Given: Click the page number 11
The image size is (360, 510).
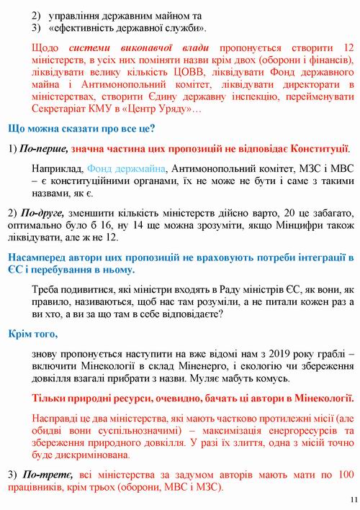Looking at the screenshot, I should tap(351, 500).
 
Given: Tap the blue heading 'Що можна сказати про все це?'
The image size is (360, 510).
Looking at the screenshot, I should tap(81, 129).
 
